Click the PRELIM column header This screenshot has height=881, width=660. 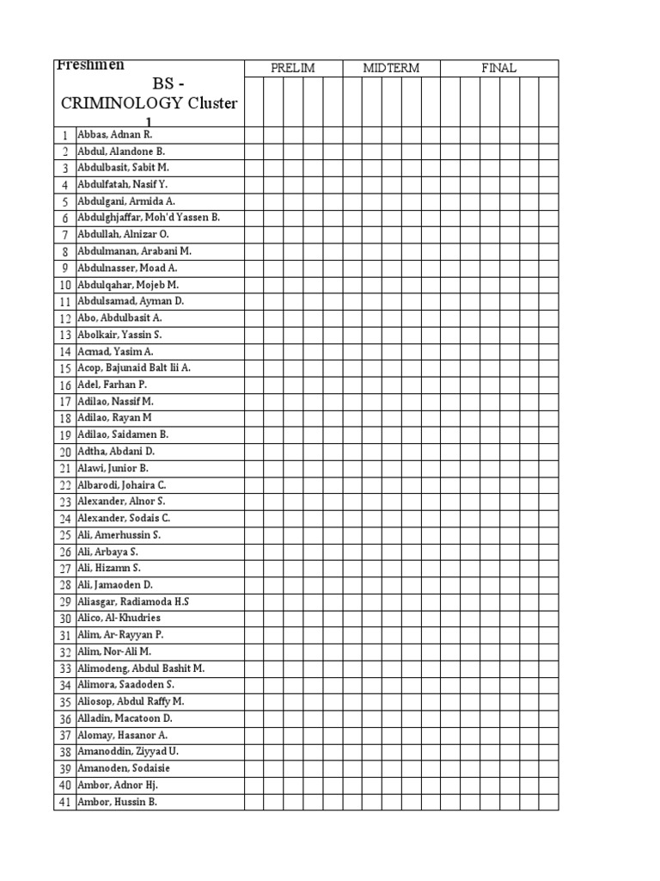(x=292, y=68)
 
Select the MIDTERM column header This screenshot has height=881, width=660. (x=391, y=68)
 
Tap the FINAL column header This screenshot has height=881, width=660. (x=498, y=68)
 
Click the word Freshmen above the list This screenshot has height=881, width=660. (x=90, y=65)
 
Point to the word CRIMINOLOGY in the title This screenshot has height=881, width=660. (x=121, y=103)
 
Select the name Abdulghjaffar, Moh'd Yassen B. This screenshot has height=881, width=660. (x=148, y=218)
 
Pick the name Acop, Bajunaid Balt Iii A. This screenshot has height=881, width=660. (x=134, y=367)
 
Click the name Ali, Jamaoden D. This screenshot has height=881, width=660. (x=113, y=585)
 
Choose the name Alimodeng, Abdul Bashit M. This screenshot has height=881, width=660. (x=141, y=668)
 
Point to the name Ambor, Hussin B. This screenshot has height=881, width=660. (x=117, y=802)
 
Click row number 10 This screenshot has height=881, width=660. (x=64, y=285)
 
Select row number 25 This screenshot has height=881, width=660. (x=64, y=535)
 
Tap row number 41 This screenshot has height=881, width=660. (x=64, y=802)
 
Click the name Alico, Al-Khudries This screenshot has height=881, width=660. (x=119, y=619)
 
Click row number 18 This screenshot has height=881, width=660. (x=64, y=418)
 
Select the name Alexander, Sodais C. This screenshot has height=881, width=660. (x=124, y=518)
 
